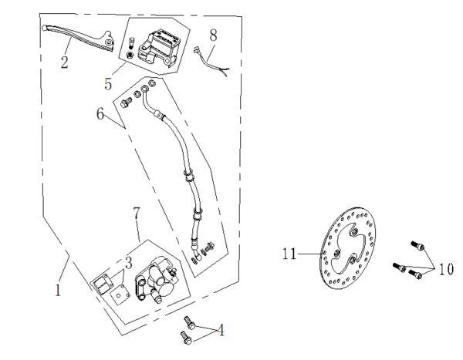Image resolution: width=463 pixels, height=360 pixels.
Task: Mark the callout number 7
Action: coord(136,211)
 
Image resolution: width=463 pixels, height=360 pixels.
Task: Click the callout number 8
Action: coord(213,35)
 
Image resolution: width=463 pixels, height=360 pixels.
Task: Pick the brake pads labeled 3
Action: coord(105,285)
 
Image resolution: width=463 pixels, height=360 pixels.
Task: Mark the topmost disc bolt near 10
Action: coord(417,244)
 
